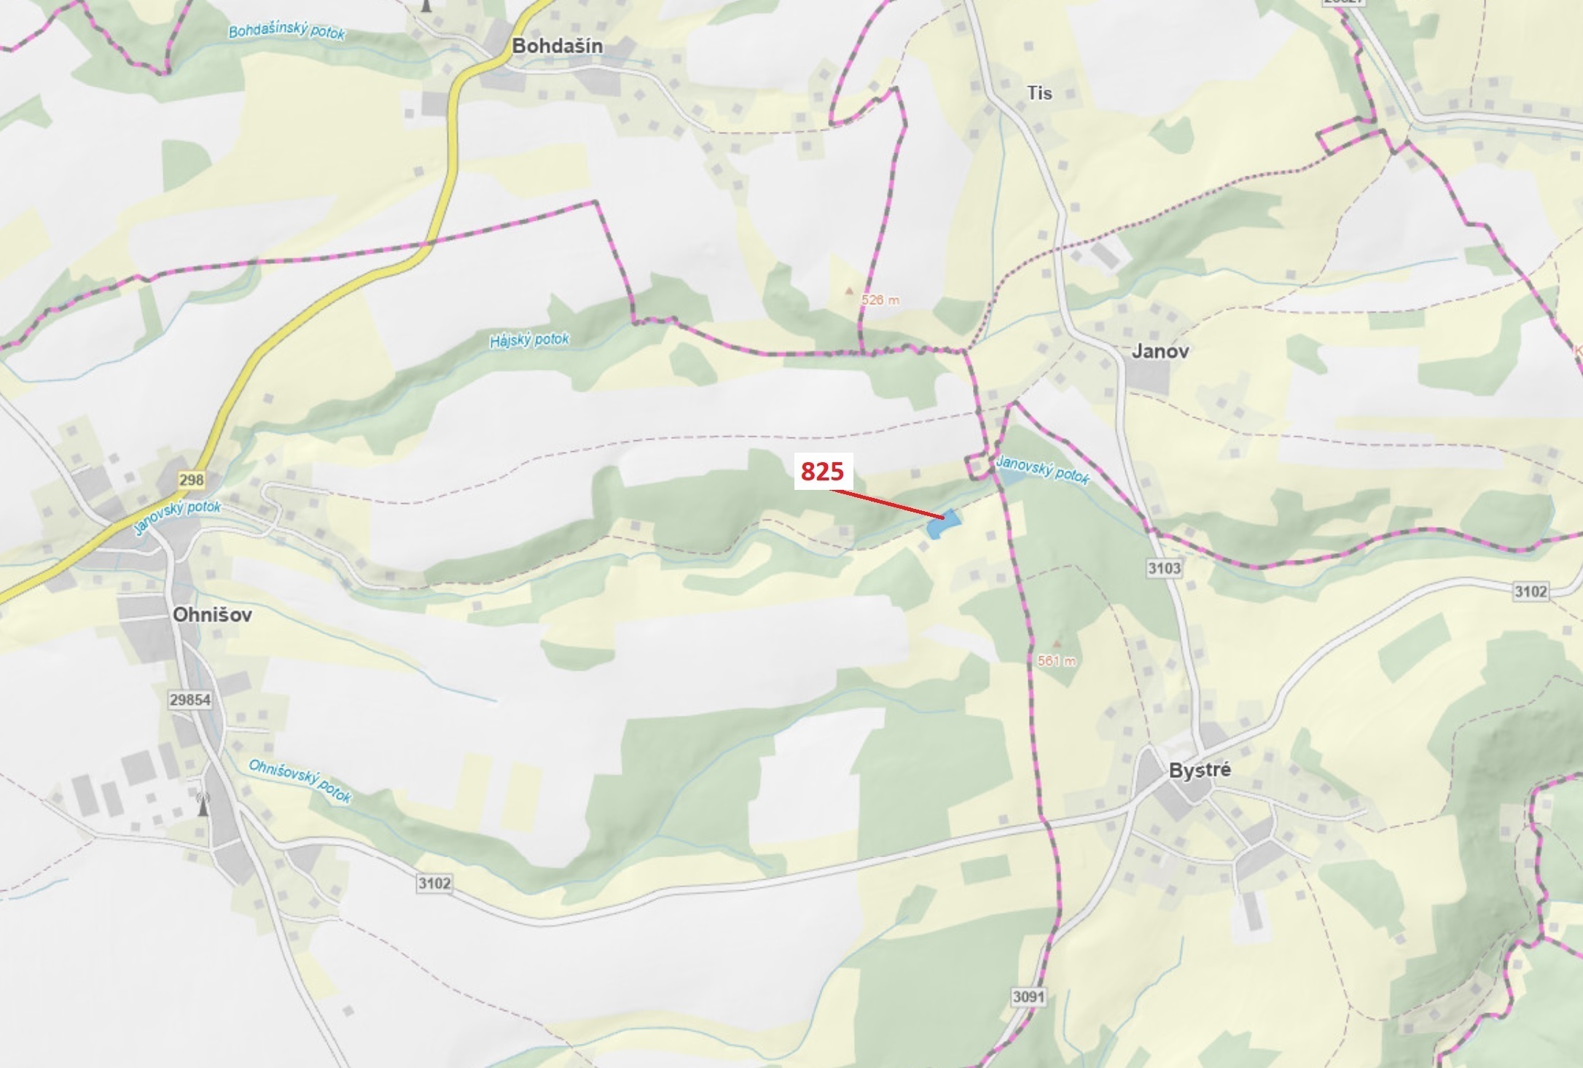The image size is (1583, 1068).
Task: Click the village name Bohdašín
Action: tap(557, 46)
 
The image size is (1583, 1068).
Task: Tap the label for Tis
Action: tap(1039, 93)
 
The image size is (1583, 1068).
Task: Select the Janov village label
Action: tap(1160, 351)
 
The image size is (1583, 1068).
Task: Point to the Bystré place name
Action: tap(1200, 770)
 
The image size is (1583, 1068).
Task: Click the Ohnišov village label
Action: tap(212, 615)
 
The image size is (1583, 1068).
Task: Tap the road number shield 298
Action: tap(192, 480)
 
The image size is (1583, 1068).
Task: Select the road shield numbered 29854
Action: tap(190, 700)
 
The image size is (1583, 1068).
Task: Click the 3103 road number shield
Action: tap(1164, 568)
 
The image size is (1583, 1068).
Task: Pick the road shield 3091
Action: tap(1028, 997)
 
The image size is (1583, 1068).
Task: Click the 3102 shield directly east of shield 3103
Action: tap(1531, 591)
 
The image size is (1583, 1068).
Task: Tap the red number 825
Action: tap(822, 472)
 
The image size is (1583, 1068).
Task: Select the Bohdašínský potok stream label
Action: tap(286, 32)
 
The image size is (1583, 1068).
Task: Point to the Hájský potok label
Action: tap(529, 340)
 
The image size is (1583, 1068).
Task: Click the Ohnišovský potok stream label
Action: tap(300, 781)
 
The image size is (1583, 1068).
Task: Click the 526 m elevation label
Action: tap(880, 300)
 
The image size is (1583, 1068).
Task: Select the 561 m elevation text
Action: tap(1056, 661)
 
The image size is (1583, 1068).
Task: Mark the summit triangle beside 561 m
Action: tap(1057, 644)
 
